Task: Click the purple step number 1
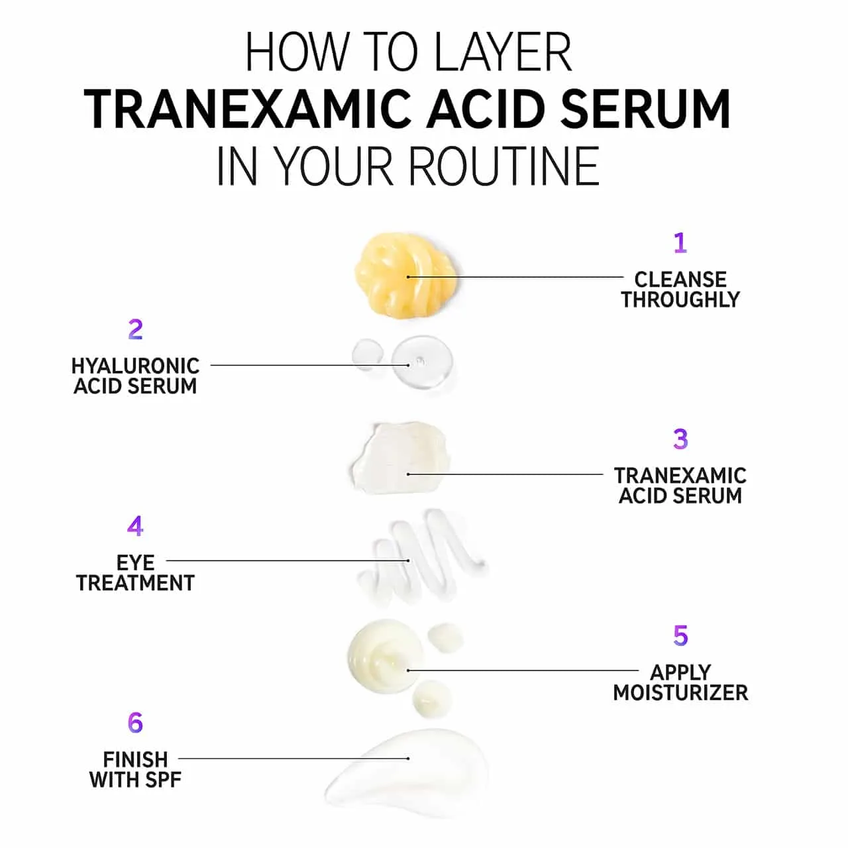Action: (x=680, y=243)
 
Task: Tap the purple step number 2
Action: (x=136, y=330)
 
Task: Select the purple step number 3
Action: (x=680, y=439)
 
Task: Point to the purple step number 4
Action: (x=135, y=526)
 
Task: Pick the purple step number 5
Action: (x=680, y=635)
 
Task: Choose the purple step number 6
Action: (x=136, y=723)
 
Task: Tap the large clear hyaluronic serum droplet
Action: (x=422, y=363)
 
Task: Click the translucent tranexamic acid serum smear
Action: (x=401, y=458)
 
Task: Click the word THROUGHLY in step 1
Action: (x=680, y=299)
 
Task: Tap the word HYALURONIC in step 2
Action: (x=136, y=366)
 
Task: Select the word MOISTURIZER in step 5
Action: (x=680, y=693)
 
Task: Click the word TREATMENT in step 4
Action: (x=136, y=583)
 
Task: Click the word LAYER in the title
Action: (x=502, y=52)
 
